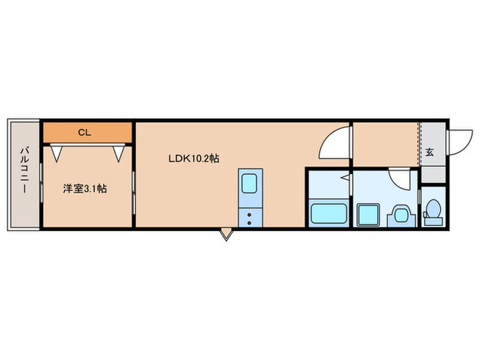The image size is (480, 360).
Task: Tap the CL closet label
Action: pyautogui.click(x=84, y=132)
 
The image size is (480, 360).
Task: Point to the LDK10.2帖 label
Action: pyautogui.click(x=194, y=158)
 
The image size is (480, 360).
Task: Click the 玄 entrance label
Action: pyautogui.click(x=430, y=152)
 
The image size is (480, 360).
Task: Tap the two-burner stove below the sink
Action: pyautogui.click(x=248, y=217)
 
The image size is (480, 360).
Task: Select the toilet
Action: pyautogui.click(x=432, y=211)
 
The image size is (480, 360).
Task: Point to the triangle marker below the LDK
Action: pyautogui.click(x=226, y=235)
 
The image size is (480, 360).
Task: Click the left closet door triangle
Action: pyautogui.click(x=58, y=154)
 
